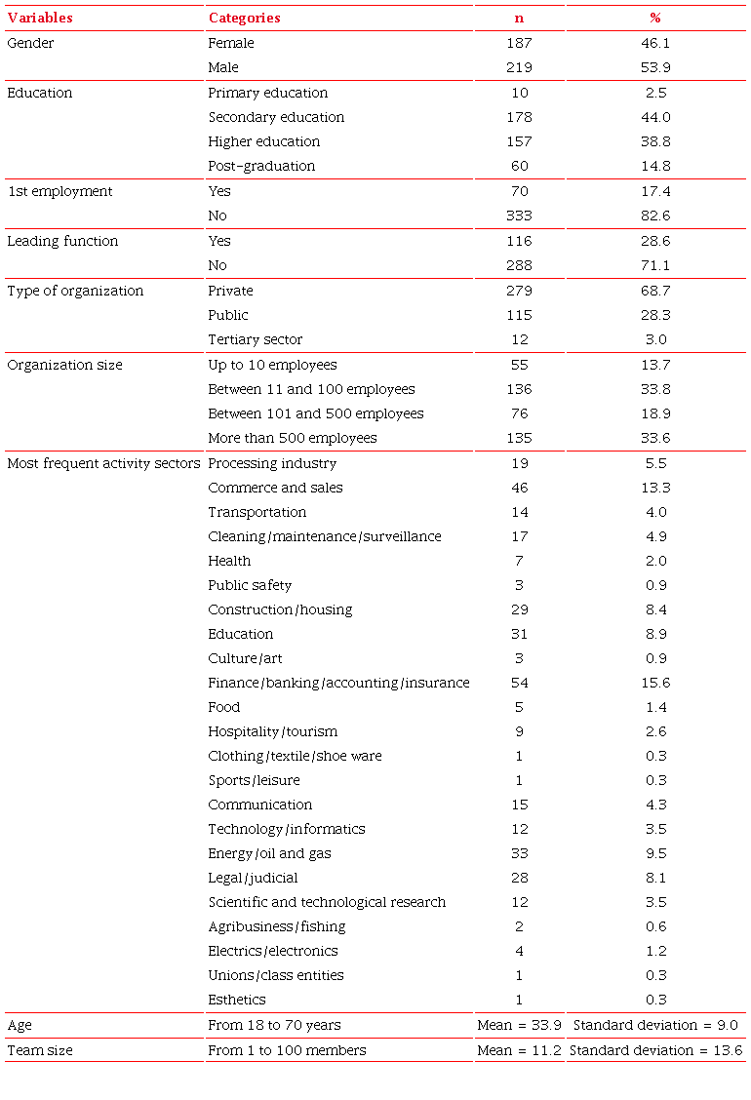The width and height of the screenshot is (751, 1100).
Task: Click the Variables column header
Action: (x=40, y=18)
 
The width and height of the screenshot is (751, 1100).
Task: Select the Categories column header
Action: (x=244, y=18)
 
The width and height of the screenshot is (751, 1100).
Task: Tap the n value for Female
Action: (x=519, y=43)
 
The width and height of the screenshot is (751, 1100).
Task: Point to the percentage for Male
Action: (x=655, y=67)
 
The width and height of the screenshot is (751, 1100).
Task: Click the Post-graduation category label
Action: (x=261, y=166)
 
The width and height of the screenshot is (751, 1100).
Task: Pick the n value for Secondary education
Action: (x=519, y=117)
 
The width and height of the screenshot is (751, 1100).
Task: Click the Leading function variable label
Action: (x=62, y=241)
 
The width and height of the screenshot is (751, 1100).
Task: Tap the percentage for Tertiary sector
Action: (x=655, y=339)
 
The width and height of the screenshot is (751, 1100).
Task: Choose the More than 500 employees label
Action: (x=293, y=438)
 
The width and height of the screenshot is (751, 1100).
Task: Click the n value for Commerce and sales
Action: (x=519, y=488)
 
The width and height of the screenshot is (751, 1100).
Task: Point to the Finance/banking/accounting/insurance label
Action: (x=338, y=683)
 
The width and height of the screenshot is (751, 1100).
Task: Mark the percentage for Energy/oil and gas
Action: (x=655, y=853)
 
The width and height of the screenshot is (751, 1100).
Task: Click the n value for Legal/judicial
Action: (x=519, y=878)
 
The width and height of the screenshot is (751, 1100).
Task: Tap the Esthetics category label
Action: (x=237, y=1000)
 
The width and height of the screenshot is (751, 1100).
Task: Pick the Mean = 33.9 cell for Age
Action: (x=519, y=1025)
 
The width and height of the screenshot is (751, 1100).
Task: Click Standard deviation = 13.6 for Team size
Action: (x=655, y=1050)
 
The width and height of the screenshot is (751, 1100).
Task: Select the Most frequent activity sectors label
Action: (x=103, y=463)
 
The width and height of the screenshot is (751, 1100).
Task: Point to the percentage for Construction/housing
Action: (x=655, y=609)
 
